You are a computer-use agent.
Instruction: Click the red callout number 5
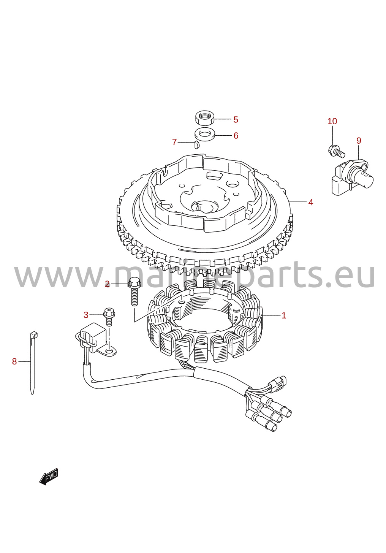(236, 120)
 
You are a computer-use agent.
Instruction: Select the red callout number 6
(236, 136)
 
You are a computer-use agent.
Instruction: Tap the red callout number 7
(174, 142)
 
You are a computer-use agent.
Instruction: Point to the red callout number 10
(332, 121)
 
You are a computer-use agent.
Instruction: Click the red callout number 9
(359, 141)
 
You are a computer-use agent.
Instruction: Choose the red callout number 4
(310, 203)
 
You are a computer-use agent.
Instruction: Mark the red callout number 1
(284, 315)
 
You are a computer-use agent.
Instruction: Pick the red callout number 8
(14, 362)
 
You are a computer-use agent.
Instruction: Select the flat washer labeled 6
(205, 134)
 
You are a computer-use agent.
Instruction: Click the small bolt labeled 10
(336, 151)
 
